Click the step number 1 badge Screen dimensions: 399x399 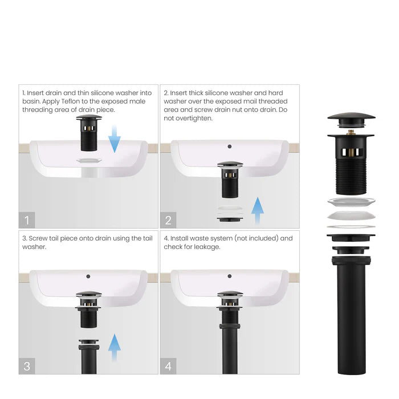[27, 219]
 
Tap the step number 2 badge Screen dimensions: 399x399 [169, 219]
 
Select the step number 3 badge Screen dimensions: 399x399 [27, 365]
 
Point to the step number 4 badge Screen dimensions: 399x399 [169, 365]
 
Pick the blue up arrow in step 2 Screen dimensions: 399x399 [258, 210]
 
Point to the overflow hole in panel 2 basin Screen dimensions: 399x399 [230, 146]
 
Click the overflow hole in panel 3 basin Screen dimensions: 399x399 [88, 276]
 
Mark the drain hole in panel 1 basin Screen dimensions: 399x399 [88, 161]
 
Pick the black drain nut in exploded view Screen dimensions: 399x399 [351, 238]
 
